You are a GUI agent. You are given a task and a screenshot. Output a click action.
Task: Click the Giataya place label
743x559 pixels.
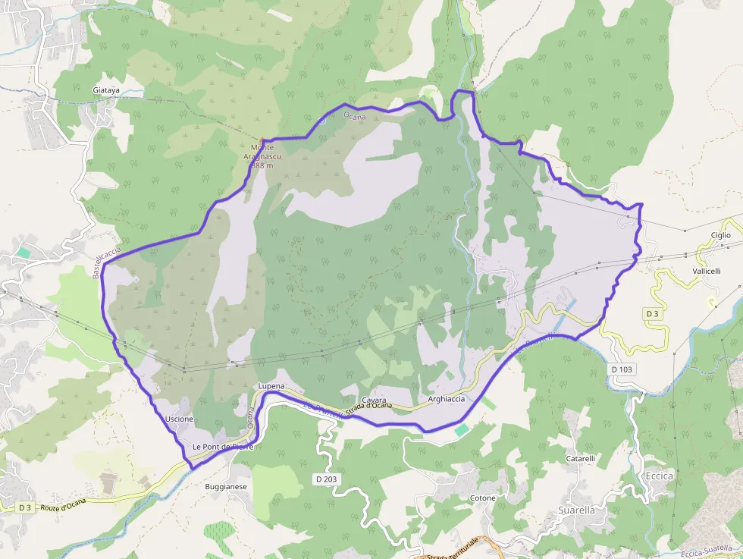click(106, 90)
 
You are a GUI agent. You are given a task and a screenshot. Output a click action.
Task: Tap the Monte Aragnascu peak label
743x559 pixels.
click(262, 156)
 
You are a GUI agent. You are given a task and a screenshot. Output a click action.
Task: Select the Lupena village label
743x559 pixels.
click(271, 386)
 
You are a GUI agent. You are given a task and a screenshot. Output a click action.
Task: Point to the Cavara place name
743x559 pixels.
click(374, 400)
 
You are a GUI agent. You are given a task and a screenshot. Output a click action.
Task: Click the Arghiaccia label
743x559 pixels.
click(445, 399)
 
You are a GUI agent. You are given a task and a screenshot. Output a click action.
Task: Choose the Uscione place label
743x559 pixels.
click(179, 419)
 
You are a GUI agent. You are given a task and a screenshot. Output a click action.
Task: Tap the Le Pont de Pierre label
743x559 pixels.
click(221, 446)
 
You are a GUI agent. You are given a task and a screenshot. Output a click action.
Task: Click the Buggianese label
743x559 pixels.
click(226, 486)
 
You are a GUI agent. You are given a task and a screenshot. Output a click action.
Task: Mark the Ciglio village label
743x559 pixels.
click(720, 235)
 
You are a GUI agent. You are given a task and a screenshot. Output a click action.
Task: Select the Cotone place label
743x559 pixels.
click(482, 498)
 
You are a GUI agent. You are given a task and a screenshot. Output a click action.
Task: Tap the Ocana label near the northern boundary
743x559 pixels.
click(354, 116)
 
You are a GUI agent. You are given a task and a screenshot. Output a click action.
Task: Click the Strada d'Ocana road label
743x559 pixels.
click(368, 407)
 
